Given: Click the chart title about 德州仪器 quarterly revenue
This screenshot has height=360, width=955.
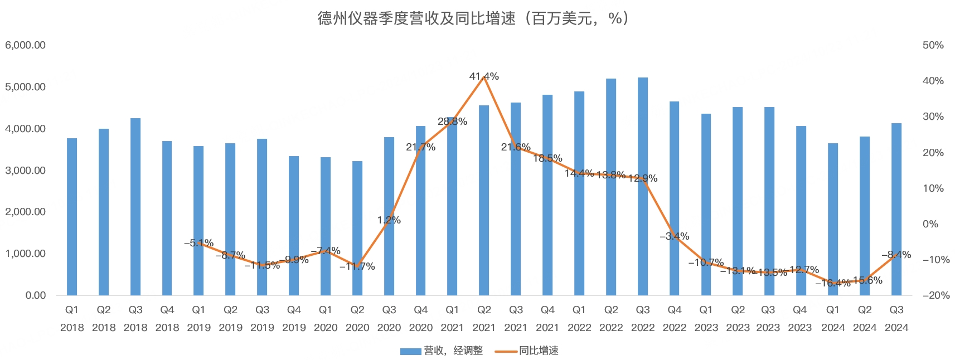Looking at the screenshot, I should (x=473, y=18).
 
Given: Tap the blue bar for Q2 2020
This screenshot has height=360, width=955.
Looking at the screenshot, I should (x=357, y=228).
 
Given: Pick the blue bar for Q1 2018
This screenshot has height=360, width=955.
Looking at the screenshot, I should (x=72, y=217).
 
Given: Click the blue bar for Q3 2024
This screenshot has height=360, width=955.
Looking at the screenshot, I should (x=896, y=210).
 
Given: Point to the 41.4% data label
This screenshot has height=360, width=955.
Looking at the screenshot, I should (x=484, y=76).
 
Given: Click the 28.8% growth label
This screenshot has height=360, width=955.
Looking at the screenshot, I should (x=452, y=121).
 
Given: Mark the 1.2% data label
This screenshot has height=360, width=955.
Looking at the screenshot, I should (x=389, y=220).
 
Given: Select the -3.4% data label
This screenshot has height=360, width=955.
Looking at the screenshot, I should (x=675, y=236).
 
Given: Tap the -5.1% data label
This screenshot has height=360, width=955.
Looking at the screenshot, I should (x=199, y=243).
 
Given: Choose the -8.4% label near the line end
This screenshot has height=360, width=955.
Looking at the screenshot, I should (x=896, y=255).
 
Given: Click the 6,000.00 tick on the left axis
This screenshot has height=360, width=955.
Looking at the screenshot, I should (x=26, y=45).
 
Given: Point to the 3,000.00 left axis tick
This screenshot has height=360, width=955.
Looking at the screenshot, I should (x=26, y=171).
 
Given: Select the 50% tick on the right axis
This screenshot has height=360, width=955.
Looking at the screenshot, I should (x=933, y=45).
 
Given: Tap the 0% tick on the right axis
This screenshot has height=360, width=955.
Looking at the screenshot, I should (x=931, y=224).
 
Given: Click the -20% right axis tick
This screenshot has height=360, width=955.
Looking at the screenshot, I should (x=936, y=295).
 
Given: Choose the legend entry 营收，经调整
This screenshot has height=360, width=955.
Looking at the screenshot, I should (x=442, y=351).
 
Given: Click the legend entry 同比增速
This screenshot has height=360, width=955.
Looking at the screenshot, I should (x=527, y=351).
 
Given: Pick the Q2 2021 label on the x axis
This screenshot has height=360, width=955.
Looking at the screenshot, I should (x=484, y=318).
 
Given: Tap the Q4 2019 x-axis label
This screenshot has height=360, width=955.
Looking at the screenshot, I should (x=294, y=318).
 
